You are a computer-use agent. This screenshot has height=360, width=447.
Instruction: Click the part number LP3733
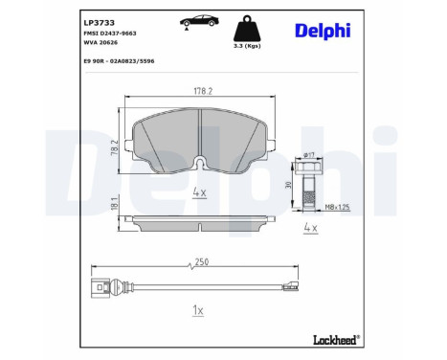tap(99, 23)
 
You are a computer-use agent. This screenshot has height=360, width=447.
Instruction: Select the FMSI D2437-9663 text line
tap(110, 34)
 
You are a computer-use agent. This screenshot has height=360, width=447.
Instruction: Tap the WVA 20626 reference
tap(101, 42)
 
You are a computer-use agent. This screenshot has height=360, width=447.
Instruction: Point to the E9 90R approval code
tap(119, 61)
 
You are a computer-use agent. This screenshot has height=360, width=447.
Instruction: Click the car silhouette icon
tap(199, 21)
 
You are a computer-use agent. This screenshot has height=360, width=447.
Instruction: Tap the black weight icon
tap(247, 28)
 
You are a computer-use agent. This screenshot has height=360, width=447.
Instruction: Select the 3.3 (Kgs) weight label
tap(247, 46)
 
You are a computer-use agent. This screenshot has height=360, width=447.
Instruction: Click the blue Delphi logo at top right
tap(323, 31)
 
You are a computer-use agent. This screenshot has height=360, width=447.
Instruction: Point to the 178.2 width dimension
tap(203, 91)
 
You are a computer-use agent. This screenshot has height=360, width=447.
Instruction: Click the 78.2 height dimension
tap(115, 147)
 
